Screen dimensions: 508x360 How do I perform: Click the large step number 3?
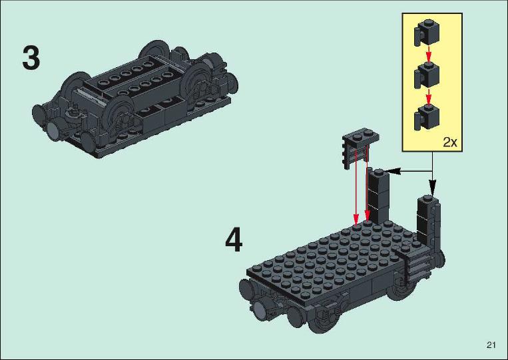31,59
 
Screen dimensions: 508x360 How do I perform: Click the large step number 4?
234,240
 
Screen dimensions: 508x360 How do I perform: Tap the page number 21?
491,345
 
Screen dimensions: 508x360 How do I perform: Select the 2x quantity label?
449,142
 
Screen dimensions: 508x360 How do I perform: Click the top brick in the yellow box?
427,32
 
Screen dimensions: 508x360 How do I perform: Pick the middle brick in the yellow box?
427,75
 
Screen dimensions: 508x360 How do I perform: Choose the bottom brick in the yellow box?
427,117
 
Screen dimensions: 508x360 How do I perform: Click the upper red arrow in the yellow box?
429,54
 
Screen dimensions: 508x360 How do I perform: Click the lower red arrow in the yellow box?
429,96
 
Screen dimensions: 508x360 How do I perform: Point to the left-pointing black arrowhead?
392,171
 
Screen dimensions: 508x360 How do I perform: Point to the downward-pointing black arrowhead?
433,188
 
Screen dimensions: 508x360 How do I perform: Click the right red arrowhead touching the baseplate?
367,216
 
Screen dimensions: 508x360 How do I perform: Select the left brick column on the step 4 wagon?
379,196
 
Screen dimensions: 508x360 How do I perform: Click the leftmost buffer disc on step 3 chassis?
38,115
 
